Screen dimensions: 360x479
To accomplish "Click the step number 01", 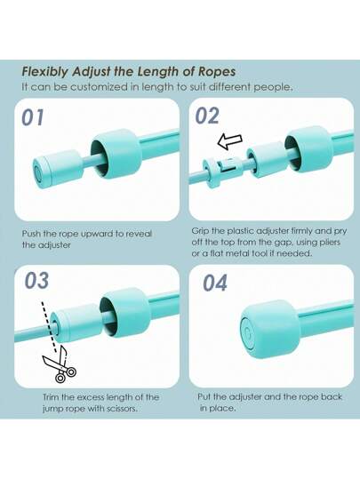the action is coord(33,117).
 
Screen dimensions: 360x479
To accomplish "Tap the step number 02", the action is coord(207,116).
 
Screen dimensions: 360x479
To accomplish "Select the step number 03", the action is coord(36,281).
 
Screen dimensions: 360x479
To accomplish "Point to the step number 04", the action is coord(215,283).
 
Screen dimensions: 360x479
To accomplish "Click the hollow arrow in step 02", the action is coord(229,142).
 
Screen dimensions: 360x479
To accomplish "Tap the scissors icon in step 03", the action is coord(60,364).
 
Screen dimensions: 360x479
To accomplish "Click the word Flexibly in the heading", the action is coord(45,72).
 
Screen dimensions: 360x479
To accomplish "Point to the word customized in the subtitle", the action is coord(99,87).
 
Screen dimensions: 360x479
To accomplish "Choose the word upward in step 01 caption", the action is coord(93,235).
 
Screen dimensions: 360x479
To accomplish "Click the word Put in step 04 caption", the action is coord(204,397).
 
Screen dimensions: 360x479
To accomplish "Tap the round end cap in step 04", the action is coord(269,330).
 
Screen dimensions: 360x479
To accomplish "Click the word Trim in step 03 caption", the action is coord(51,397).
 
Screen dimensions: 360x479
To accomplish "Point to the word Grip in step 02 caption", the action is coord(200,231).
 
